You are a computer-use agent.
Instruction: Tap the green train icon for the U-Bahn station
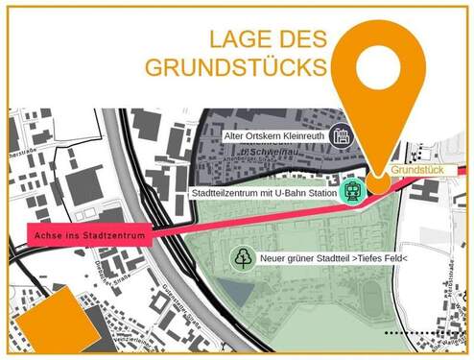point(354,190)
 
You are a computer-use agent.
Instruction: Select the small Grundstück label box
point(418,171)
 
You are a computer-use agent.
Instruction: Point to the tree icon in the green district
point(241,257)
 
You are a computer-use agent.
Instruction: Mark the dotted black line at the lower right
point(423,332)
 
